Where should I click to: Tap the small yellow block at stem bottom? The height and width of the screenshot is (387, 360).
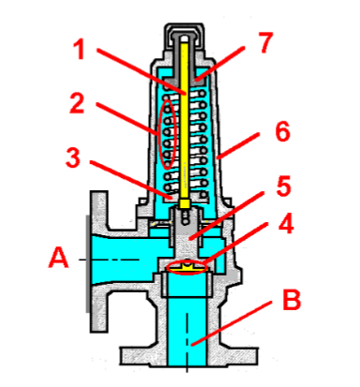pos(187,203)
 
